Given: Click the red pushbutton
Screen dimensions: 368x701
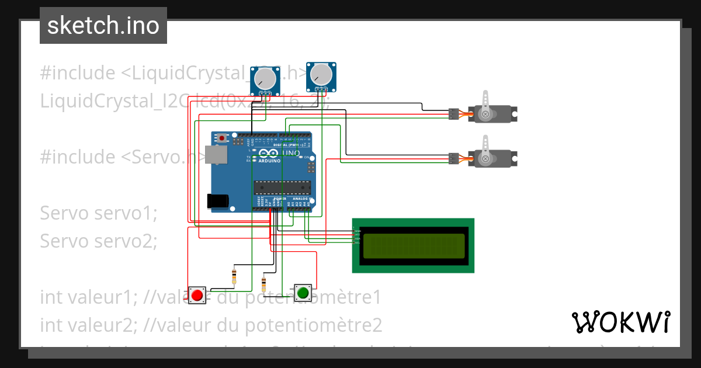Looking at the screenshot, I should tap(197, 294).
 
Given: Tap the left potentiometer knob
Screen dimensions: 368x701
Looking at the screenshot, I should tap(265, 78).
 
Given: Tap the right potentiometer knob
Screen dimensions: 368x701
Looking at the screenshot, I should tap(321, 74).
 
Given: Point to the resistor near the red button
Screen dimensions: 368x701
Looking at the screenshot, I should tap(234, 276).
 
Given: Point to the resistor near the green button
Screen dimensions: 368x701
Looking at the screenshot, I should tap(263, 284).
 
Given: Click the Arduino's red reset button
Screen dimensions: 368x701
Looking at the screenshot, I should tap(221, 138).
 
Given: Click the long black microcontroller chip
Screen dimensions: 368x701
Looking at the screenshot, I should tap(281, 187).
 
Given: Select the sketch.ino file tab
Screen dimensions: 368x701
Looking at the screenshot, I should tap(103, 26).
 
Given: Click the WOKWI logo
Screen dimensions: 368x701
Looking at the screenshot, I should tap(620, 322).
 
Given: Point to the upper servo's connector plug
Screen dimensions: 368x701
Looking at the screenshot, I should tap(453, 114).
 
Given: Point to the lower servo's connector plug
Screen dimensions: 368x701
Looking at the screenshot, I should tap(453, 158).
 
